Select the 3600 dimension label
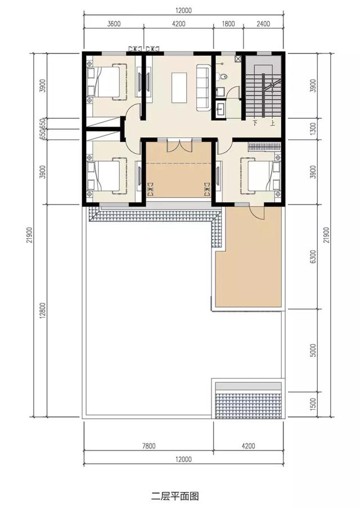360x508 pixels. pos(114,24)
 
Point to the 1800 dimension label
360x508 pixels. pos(228,24)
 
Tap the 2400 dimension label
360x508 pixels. pos(263,24)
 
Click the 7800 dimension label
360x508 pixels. pos(149,447)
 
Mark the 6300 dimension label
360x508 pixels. pos(321,256)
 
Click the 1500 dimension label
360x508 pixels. pos(321,403)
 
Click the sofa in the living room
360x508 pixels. pos(202,88)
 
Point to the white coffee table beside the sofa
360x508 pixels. pos(179,88)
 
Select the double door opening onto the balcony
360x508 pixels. pos(179,144)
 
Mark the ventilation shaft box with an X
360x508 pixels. pos(238,58)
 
